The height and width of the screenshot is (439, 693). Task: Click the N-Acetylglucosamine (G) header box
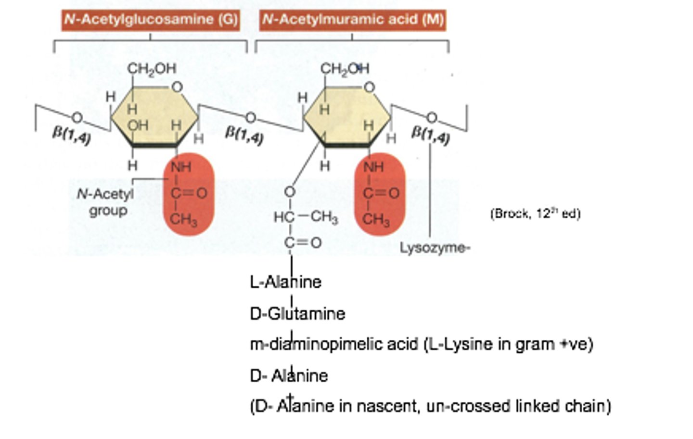tap(150, 20)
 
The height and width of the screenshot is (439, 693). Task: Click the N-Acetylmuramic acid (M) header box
tap(352, 20)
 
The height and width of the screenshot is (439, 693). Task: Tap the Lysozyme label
tap(434, 248)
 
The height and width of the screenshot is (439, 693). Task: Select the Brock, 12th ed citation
tap(535, 213)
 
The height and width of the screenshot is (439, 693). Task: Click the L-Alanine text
tap(285, 281)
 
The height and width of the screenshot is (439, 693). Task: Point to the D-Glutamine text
tap(297, 314)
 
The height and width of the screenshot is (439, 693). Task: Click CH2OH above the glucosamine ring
tap(152, 69)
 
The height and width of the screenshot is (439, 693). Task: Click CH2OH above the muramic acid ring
tap(345, 69)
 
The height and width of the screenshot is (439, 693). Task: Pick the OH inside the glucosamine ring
tap(138, 125)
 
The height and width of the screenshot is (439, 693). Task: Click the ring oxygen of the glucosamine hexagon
tap(177, 87)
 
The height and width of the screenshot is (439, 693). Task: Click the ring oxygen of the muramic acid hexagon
tap(369, 87)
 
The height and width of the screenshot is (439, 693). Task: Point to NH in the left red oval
tap(181, 167)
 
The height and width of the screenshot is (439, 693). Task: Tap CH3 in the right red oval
tap(376, 220)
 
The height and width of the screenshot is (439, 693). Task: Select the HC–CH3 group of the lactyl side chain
tap(305, 217)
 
